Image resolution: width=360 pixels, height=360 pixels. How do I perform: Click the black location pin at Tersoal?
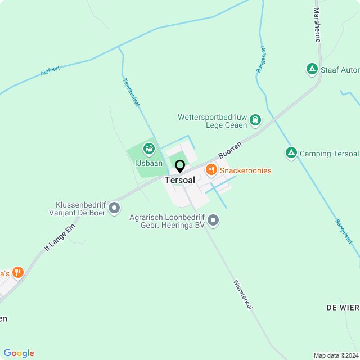click(180, 166)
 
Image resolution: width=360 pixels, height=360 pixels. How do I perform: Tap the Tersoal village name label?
click(180, 180)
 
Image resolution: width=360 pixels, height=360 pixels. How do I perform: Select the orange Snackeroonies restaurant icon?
click(211, 169)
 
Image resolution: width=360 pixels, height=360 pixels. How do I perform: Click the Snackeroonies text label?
click(246, 170)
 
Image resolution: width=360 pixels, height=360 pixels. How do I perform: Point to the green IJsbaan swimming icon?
click(149, 149)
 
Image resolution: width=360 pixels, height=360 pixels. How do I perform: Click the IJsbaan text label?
click(148, 164)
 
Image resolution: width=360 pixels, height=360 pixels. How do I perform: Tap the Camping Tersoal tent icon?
click(291, 153)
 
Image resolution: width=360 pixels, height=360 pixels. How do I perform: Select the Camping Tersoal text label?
click(328, 154)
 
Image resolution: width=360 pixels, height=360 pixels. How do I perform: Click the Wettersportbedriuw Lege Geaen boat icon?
click(256, 119)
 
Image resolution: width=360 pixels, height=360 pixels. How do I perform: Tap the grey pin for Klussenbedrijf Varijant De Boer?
click(114, 209)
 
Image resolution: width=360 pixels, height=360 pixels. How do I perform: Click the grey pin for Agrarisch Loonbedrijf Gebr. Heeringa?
click(213, 220)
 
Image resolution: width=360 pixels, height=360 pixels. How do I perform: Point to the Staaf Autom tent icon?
click(312, 69)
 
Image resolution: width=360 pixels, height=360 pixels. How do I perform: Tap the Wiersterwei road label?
click(242, 294)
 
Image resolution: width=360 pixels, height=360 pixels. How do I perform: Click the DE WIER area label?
click(343, 308)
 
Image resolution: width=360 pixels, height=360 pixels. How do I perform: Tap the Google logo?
click(19, 353)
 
